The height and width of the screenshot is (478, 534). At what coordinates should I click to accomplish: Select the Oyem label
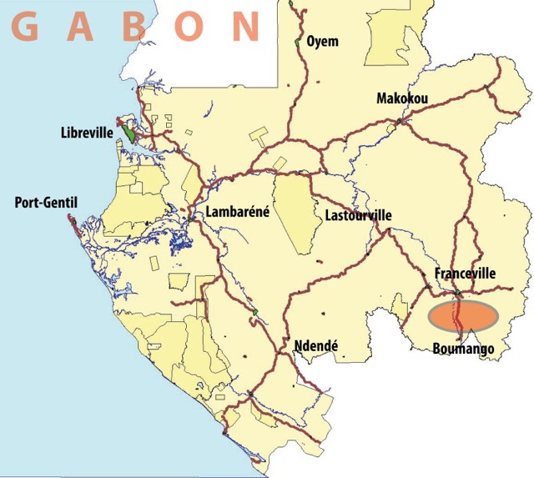[x=323, y=41]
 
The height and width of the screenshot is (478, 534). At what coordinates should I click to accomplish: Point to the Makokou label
[x=402, y=99]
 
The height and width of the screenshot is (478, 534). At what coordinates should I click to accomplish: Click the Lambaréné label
[x=238, y=212]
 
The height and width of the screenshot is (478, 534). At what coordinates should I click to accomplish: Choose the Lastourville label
[x=357, y=216]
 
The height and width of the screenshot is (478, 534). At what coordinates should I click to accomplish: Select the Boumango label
[x=464, y=349]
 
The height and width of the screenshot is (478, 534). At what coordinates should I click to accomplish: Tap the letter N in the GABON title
[x=245, y=28]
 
